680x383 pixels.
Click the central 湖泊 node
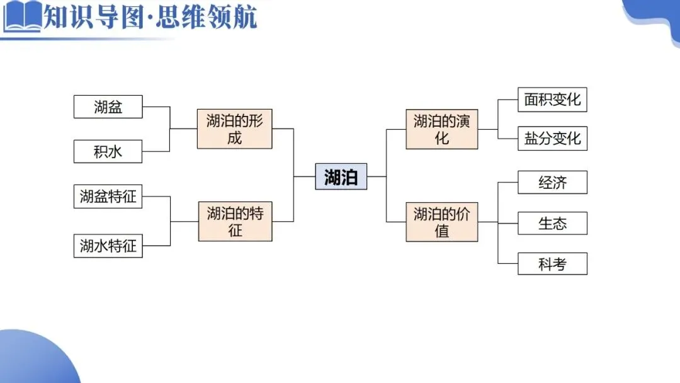point(341,176)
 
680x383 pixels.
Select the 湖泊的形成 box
point(234,129)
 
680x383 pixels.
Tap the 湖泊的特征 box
point(235,221)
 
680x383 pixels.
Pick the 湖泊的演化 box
point(441,129)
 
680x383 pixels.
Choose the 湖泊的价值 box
point(441,222)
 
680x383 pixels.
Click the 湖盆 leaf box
point(108,106)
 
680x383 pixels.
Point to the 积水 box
point(108,152)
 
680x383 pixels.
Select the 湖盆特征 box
point(108,197)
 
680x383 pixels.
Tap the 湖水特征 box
point(108,246)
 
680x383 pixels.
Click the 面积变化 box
point(552,100)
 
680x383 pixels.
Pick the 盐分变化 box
point(552,139)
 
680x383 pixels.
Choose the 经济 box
point(552,183)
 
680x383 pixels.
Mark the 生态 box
point(552,223)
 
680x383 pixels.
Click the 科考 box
point(552,264)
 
